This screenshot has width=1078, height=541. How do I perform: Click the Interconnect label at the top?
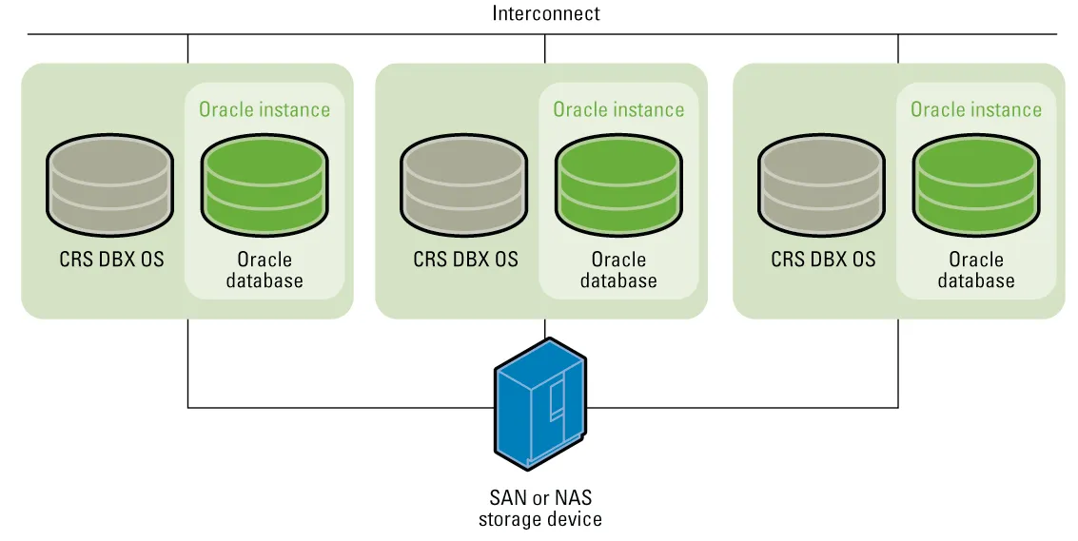tap(546, 13)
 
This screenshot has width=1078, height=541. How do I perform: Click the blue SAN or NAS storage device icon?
tap(540, 403)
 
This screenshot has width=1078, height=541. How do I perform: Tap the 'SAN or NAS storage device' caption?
tap(540, 508)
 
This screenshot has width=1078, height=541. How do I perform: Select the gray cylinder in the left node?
tap(109, 185)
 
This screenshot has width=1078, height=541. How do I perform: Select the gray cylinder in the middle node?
tap(464, 185)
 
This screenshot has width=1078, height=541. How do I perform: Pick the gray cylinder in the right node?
tap(821, 185)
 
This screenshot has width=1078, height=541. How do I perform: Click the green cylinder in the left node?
tap(264, 185)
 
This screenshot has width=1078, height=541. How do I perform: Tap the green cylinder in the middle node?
tap(618, 185)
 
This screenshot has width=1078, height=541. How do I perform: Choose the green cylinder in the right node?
tap(976, 185)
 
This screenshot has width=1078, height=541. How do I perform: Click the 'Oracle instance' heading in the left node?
tap(265, 109)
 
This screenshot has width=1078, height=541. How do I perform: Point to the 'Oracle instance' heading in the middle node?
tap(618, 109)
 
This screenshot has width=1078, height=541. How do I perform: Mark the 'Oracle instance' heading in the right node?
tap(976, 109)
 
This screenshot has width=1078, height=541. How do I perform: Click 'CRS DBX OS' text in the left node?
tap(112, 260)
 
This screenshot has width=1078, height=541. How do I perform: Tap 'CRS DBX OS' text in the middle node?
tap(465, 260)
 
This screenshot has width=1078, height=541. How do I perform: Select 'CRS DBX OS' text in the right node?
tap(823, 260)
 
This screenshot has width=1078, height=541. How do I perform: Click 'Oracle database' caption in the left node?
tap(265, 270)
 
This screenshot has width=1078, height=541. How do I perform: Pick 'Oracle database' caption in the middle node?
tap(618, 270)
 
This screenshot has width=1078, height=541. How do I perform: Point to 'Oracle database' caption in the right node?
tap(976, 270)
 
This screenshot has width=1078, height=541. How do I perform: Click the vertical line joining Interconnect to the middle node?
tap(545, 48)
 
